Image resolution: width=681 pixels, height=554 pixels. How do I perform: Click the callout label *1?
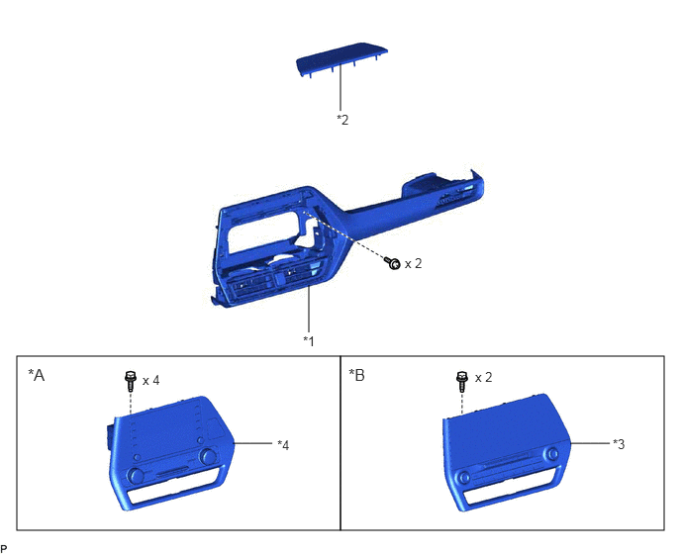click(309, 341)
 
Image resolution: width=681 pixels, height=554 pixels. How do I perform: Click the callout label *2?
click(342, 120)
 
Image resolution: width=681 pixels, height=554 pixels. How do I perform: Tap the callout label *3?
click(619, 444)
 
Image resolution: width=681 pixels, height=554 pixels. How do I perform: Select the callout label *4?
click(283, 445)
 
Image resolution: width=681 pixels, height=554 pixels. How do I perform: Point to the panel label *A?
click(37, 375)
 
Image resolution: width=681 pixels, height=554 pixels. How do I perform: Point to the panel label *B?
click(357, 375)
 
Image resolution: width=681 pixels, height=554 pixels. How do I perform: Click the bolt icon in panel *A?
click(130, 381)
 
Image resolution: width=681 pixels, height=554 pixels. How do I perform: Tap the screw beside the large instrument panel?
click(393, 263)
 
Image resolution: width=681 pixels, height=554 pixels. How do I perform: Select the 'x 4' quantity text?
click(151, 380)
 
